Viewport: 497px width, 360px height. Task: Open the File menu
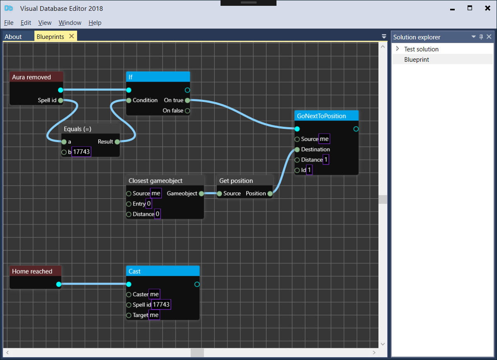coord(9,23)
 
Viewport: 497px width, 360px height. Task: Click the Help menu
coord(95,23)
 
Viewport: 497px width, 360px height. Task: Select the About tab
coord(13,37)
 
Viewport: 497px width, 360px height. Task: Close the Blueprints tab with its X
coord(72,36)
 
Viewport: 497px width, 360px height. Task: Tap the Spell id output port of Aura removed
coord(61,100)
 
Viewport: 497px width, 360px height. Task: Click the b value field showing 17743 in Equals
coord(81,152)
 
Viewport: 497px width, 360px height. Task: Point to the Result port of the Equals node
coord(117,142)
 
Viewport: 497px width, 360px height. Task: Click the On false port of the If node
coord(187,111)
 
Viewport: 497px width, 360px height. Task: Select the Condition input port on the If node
coord(129,100)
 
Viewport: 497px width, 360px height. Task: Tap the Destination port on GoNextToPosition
coord(297,150)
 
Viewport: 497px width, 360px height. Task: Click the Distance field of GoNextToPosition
coord(326,160)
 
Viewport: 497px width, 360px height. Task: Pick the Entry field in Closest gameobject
coord(149,204)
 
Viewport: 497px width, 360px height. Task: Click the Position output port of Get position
coord(270,193)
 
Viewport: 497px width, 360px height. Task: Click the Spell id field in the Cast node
coord(161,305)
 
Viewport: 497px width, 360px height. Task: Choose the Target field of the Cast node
coord(154,315)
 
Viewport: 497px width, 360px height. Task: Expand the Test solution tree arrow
coord(398,49)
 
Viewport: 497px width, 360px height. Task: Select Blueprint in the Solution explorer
coord(417,60)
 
